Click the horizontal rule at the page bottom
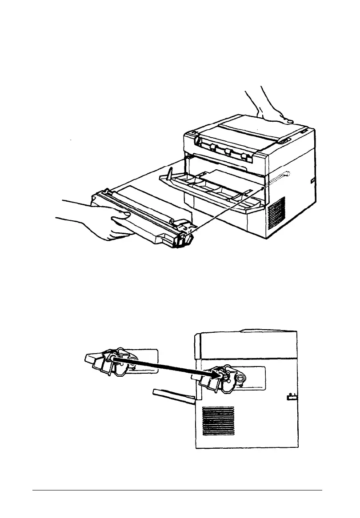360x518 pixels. pos(178,491)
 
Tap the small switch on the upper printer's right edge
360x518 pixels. pos(312,180)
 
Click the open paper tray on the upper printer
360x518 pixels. pos(209,189)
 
